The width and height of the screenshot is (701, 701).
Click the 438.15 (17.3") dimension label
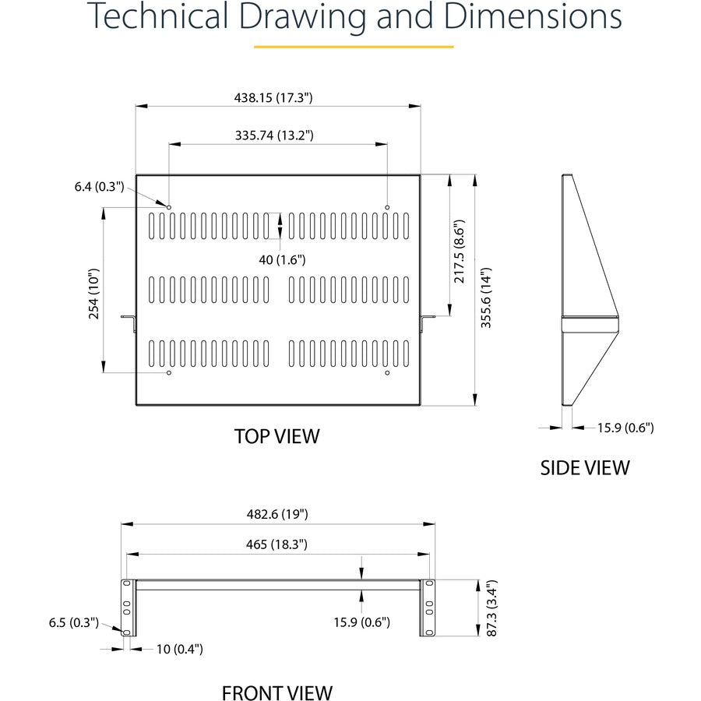tap(273, 97)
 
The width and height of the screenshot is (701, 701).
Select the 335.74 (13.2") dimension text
tap(274, 135)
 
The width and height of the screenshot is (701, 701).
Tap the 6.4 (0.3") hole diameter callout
tap(100, 186)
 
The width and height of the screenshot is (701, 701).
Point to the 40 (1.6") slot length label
tap(283, 259)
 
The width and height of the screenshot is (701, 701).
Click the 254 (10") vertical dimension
tap(94, 294)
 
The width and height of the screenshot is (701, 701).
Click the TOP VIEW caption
tap(277, 436)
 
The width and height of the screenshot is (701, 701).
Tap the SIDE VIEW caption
tap(585, 467)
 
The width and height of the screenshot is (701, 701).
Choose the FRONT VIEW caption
tap(277, 692)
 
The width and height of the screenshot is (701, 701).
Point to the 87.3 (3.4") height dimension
tap(491, 608)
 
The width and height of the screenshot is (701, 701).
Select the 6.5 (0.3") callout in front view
tap(74, 622)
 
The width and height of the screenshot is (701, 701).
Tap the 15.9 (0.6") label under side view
tap(625, 427)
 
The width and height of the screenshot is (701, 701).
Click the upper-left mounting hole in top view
tap(169, 206)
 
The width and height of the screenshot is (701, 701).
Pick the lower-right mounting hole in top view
tap(387, 373)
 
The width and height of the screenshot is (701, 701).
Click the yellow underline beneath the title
tap(354, 47)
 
